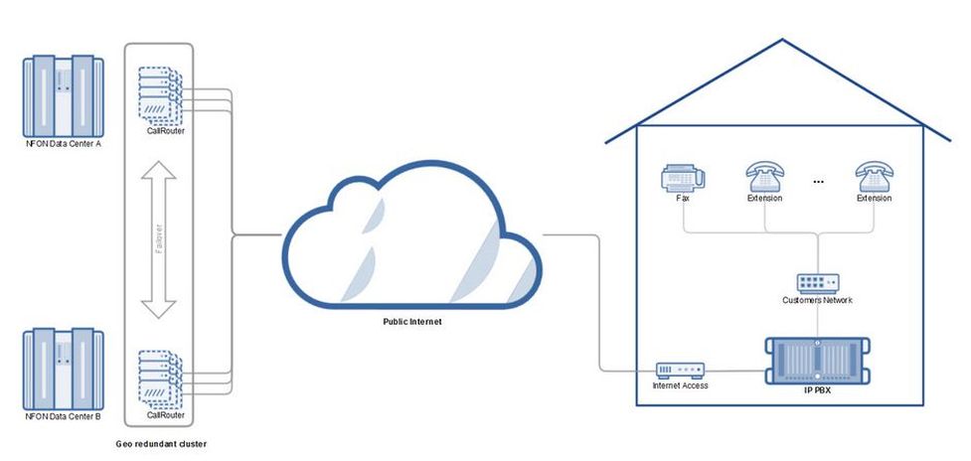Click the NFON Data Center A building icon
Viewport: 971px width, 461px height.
[x=64, y=95]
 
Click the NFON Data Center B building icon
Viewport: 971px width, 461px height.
[x=64, y=370]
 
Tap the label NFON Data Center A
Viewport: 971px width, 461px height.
[x=64, y=144]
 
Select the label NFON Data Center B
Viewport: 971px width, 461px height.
[x=64, y=417]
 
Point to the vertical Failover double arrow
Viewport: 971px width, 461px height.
[x=158, y=241]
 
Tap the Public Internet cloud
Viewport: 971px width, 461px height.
[x=412, y=238]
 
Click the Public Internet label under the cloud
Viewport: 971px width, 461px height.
[x=413, y=323]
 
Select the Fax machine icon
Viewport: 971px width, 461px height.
[x=683, y=178]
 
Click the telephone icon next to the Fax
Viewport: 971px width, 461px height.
[x=765, y=178]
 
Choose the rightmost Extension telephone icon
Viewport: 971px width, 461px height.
[x=875, y=178]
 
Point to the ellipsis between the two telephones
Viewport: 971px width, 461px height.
[x=820, y=183]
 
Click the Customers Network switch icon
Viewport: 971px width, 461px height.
[x=818, y=283]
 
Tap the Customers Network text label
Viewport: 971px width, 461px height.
[x=818, y=300]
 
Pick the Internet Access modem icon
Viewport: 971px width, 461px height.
[x=680, y=370]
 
